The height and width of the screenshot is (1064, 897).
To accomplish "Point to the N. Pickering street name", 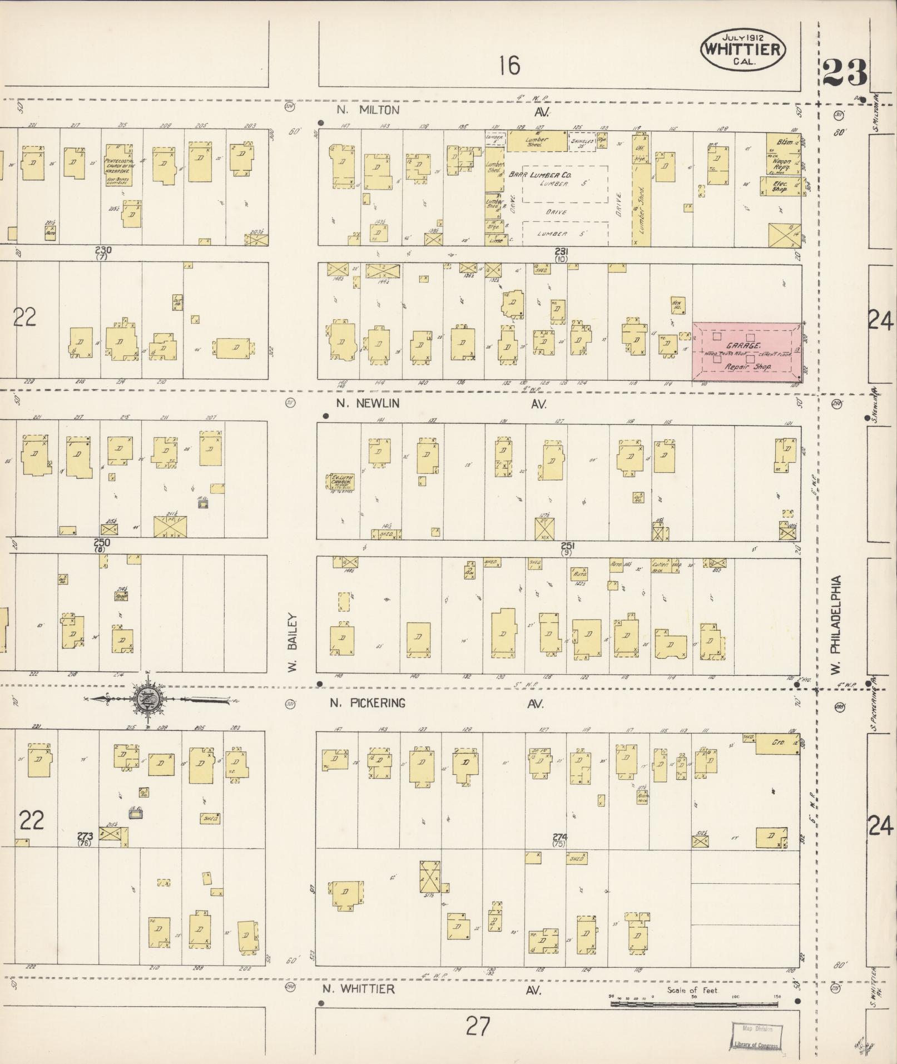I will coord(367,703).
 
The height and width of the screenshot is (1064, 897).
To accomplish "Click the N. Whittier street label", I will coord(359,988).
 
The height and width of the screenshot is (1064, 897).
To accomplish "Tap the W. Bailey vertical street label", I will coord(294,644).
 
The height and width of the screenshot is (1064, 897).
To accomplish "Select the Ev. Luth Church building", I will coord(339,482).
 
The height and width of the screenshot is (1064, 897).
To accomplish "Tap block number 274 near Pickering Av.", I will coord(559,837).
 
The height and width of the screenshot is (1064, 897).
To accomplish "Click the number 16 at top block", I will coord(509,66).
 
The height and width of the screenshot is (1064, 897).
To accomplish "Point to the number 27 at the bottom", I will coord(478,1026).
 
